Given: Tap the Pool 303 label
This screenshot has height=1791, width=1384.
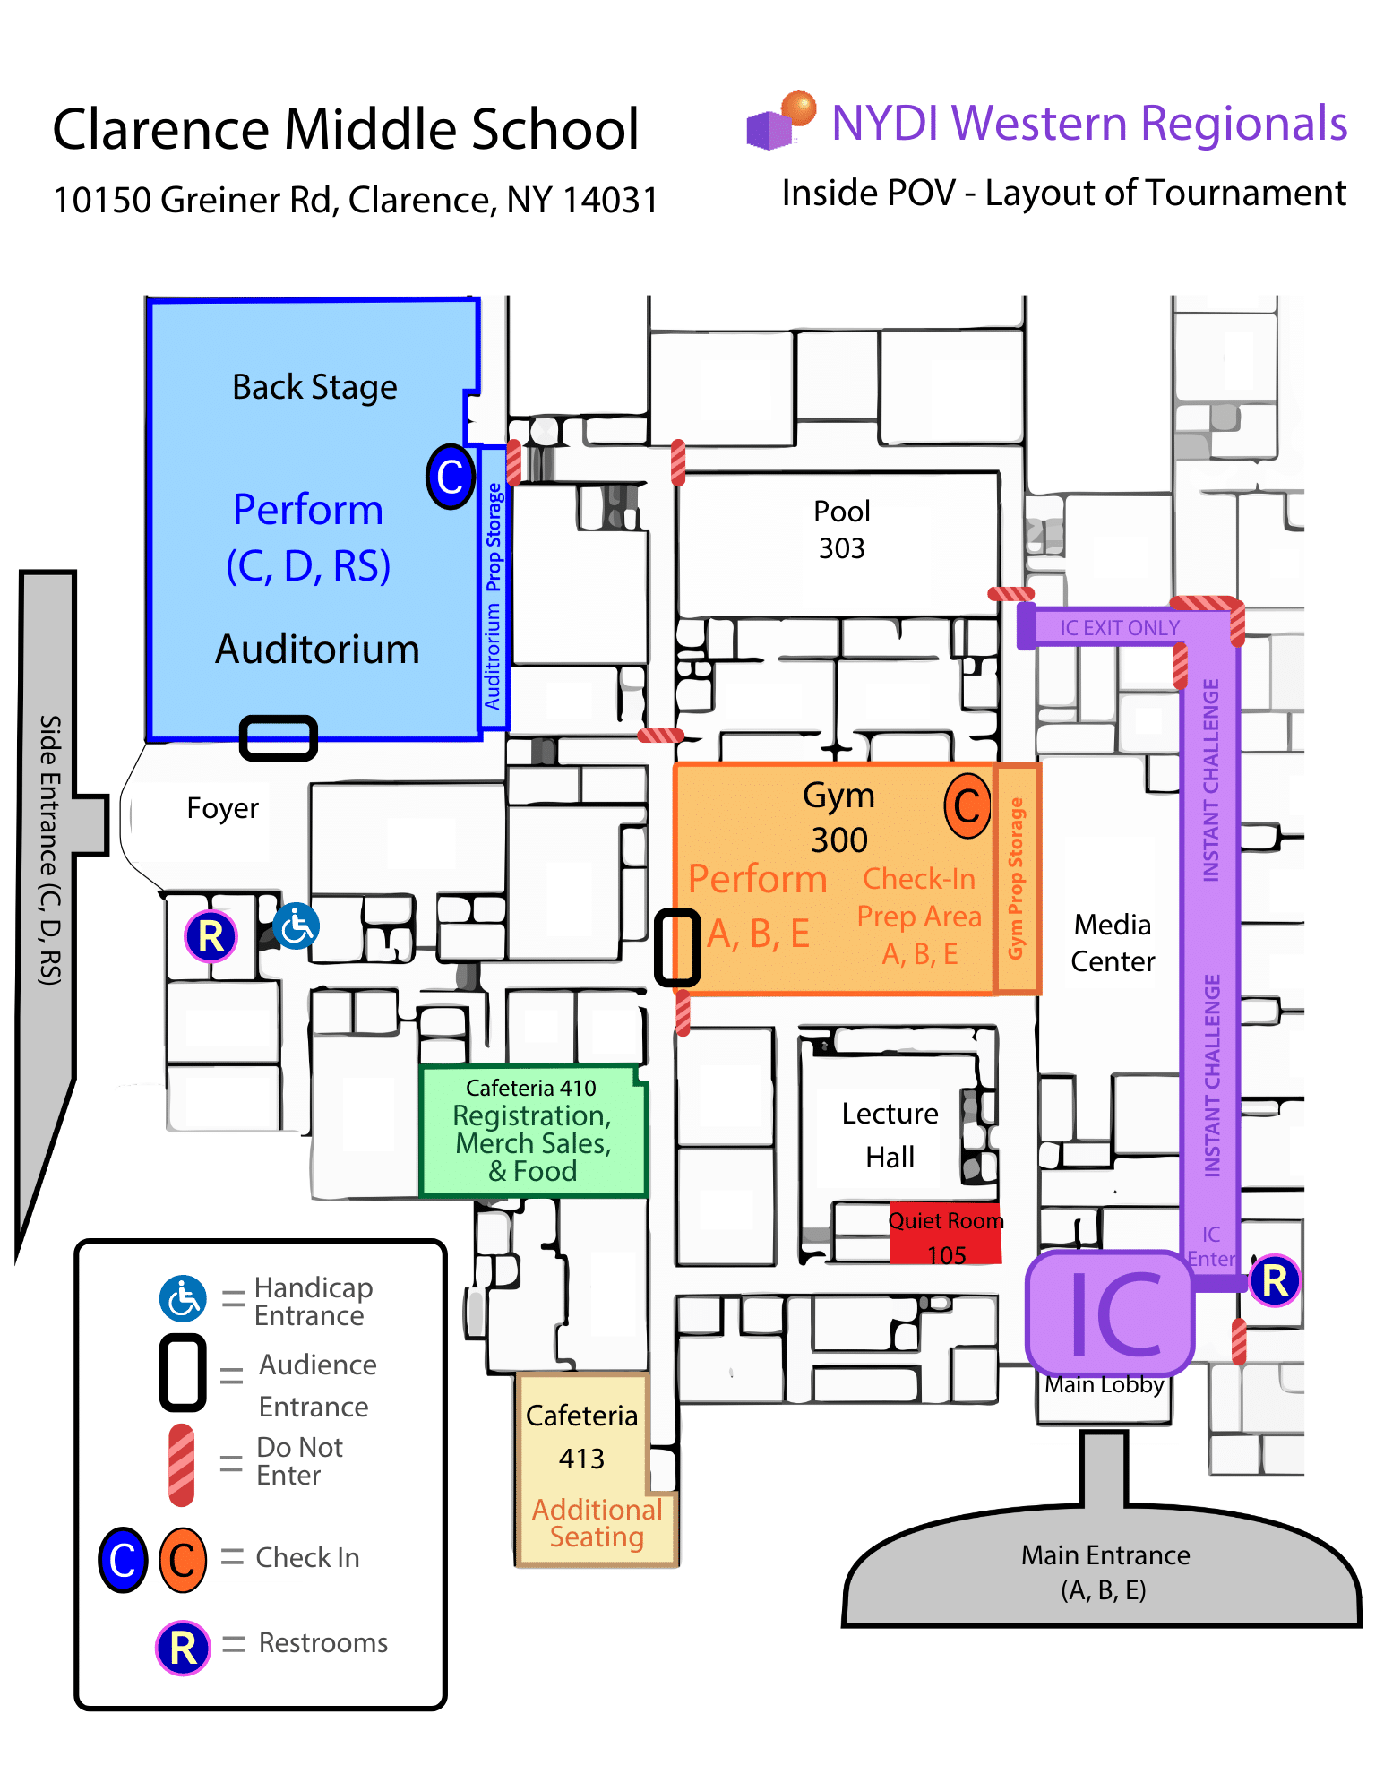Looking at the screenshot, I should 841,530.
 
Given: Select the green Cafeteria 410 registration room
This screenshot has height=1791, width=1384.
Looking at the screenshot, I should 532,1131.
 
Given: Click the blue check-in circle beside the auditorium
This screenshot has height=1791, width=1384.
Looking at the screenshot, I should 450,477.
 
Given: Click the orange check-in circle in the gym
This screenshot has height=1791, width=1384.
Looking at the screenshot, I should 967,805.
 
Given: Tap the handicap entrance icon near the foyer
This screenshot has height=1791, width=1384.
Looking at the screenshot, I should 296,926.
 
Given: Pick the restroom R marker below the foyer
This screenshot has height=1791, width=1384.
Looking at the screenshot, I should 211,937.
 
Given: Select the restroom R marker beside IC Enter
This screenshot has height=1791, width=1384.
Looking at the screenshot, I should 1274,1280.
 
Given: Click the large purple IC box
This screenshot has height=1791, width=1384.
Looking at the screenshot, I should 1111,1313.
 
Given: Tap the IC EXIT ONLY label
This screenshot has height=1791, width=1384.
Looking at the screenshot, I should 1120,628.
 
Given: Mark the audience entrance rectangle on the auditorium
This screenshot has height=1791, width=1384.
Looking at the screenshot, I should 279,737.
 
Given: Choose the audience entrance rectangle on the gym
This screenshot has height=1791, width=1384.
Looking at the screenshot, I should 677,947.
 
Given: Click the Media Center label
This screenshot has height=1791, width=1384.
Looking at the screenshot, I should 1112,943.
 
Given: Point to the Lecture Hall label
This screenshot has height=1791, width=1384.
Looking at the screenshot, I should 890,1135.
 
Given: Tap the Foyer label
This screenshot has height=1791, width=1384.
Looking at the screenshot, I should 222,808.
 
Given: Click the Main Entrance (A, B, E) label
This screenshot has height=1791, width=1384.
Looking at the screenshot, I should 1105,1571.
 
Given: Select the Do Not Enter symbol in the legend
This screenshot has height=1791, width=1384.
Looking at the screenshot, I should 182,1464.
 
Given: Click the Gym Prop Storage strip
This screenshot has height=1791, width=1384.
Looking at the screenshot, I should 1016,878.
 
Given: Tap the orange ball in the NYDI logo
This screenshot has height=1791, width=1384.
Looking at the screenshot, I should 798,108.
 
